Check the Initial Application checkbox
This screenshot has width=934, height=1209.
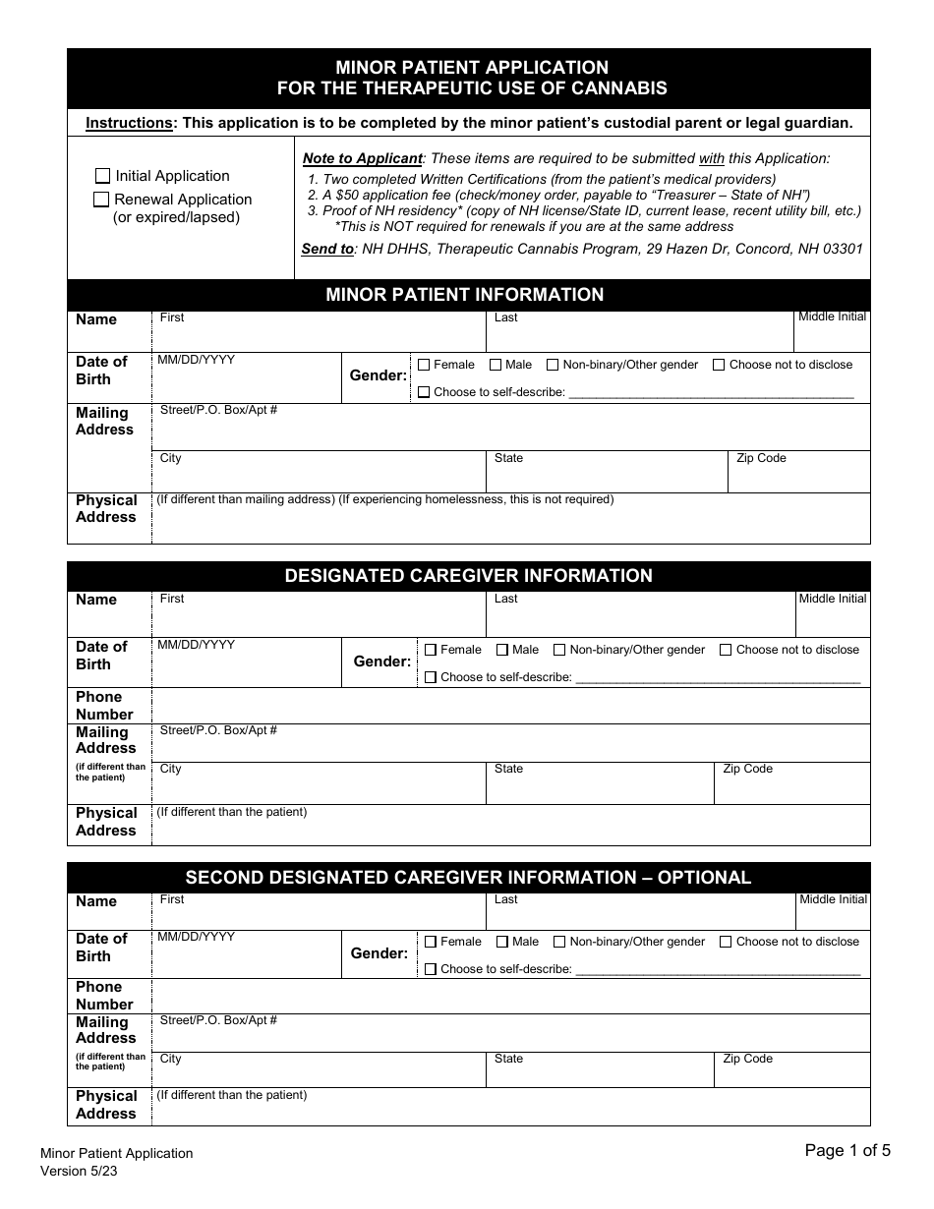[103, 176]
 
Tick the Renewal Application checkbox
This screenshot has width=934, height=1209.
[101, 200]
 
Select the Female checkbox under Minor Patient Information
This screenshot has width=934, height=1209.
[424, 365]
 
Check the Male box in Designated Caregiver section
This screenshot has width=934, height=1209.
[502, 650]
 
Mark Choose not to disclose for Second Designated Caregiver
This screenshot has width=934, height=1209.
[726, 942]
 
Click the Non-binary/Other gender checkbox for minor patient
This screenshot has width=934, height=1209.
[553, 365]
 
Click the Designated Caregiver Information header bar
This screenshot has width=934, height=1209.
[468, 576]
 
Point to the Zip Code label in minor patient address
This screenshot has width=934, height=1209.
[761, 458]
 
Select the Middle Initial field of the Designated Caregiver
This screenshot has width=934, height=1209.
[832, 618]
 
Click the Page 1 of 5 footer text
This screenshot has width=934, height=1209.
[847, 1151]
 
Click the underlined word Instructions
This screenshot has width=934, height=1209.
[129, 123]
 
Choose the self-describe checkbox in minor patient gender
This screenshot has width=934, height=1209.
[424, 392]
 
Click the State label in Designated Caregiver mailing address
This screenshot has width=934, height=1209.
[508, 769]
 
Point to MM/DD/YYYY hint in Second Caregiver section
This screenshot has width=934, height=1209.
[196, 937]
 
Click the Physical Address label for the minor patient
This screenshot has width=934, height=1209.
[106, 508]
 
